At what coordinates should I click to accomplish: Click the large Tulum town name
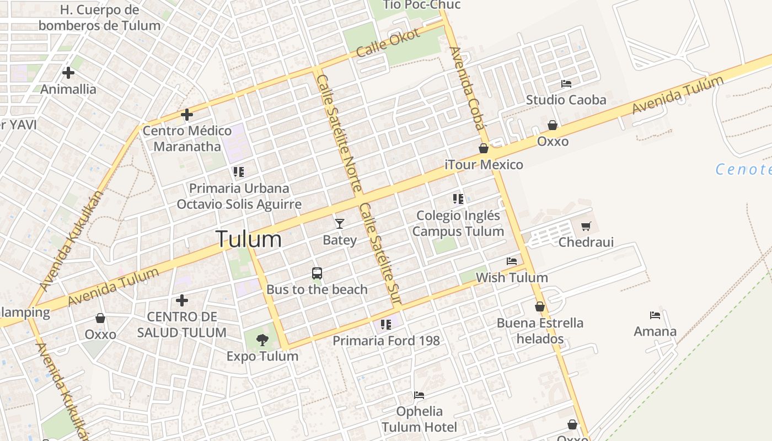point(248,239)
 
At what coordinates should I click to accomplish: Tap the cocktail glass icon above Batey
point(340,223)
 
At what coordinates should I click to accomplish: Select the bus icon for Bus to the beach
point(317,273)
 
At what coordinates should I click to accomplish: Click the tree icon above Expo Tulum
point(262,340)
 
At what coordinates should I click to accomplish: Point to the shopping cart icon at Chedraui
point(586,226)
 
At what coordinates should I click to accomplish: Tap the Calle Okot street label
point(388,43)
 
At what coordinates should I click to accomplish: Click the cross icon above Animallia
point(68,72)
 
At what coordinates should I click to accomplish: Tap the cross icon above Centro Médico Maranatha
point(187,115)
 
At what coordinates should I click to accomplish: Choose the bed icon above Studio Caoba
point(566,84)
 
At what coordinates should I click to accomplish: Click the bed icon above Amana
point(655,315)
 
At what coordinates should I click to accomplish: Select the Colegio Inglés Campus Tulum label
point(458,223)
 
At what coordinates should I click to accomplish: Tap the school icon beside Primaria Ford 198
point(385,324)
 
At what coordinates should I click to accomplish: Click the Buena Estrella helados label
point(540,330)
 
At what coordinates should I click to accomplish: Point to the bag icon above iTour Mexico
point(484,148)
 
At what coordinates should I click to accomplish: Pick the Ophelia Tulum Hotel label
point(419,419)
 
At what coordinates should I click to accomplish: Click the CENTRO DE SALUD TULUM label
point(181,325)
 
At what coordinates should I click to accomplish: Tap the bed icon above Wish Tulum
point(512,261)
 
